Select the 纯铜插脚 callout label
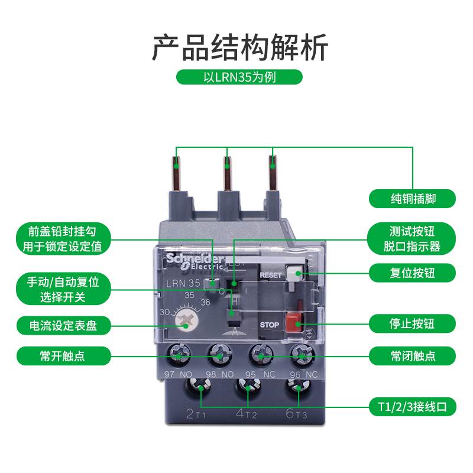(413, 198)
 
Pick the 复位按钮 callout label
(413, 273)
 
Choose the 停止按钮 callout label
(413, 323)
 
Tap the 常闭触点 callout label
(413, 355)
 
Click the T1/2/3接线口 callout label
(413, 407)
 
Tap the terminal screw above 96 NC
(302, 355)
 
